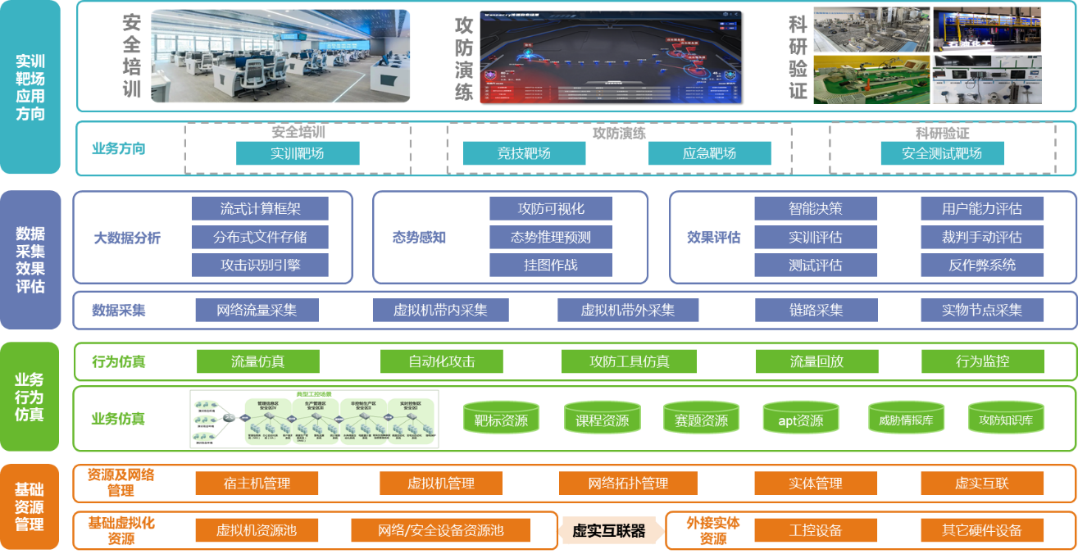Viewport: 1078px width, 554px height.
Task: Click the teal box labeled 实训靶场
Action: [x=298, y=153]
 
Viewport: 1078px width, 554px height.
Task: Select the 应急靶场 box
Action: [x=709, y=153]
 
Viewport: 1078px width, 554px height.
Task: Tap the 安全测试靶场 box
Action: [x=942, y=153]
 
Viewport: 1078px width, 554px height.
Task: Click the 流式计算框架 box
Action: [x=260, y=209]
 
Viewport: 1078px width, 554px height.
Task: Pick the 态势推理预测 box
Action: [x=550, y=238]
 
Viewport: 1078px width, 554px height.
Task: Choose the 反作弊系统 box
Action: [x=982, y=265]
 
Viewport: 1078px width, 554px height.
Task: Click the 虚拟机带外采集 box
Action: [x=627, y=311]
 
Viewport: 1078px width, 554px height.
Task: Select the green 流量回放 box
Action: [x=816, y=361]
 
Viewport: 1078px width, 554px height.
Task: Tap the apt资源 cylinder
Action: [x=800, y=419]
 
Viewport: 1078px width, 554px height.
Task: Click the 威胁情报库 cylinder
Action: [x=906, y=419]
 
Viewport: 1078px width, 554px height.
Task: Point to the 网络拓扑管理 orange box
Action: [x=628, y=484]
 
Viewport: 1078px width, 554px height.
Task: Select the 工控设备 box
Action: [x=815, y=531]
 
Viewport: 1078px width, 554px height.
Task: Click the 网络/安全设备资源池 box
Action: [x=440, y=531]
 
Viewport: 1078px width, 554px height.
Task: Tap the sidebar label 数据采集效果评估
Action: [x=30, y=260]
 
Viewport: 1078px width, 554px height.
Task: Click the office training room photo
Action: [x=280, y=56]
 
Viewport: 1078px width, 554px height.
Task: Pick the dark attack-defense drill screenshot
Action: [x=610, y=56]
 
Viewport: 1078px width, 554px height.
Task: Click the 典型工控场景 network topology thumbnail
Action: [x=314, y=419]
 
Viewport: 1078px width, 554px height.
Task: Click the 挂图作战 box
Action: [x=550, y=265]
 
